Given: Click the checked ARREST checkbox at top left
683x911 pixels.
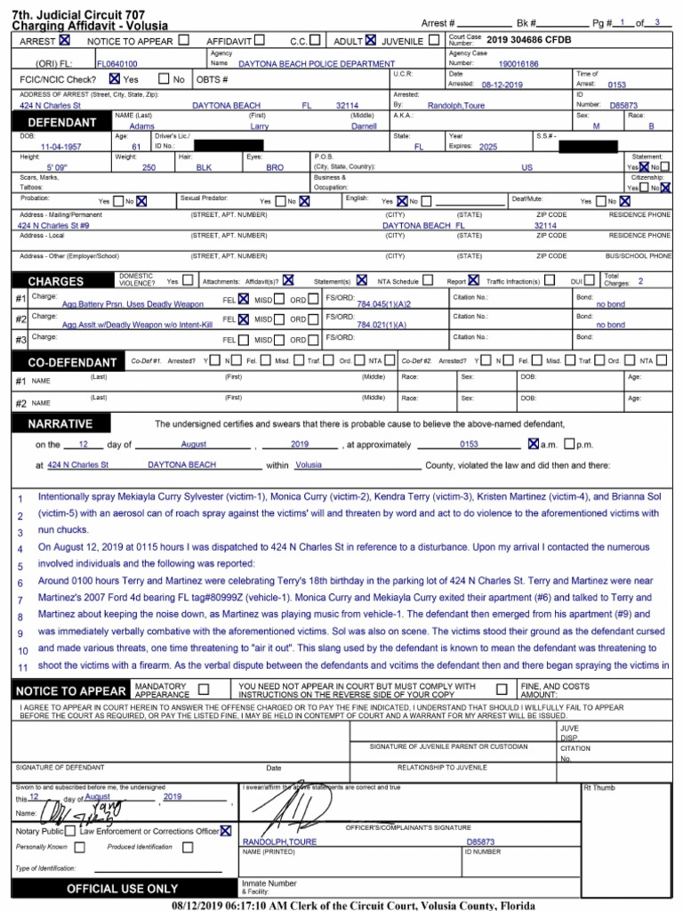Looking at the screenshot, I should tap(65, 40).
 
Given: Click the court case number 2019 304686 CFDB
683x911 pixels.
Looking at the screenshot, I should tap(523, 39).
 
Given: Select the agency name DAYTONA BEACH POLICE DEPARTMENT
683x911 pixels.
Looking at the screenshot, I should tap(317, 64).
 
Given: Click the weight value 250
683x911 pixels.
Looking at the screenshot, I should tap(149, 167).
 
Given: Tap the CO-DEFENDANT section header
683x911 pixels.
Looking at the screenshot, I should tap(71, 363).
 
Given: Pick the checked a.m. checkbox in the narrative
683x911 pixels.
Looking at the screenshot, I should tap(533, 443).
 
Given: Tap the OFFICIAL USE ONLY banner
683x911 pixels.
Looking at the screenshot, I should tap(122, 889).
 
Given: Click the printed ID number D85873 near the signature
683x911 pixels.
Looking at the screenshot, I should tap(480, 842).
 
